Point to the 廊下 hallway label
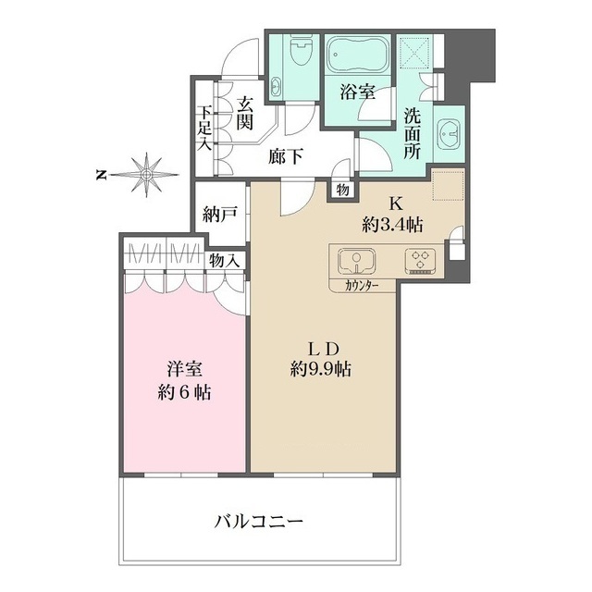point(285,157)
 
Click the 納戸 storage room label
point(221,214)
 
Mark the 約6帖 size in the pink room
point(181,392)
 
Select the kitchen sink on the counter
point(354,260)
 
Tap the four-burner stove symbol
point(422,260)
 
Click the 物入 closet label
point(224,262)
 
